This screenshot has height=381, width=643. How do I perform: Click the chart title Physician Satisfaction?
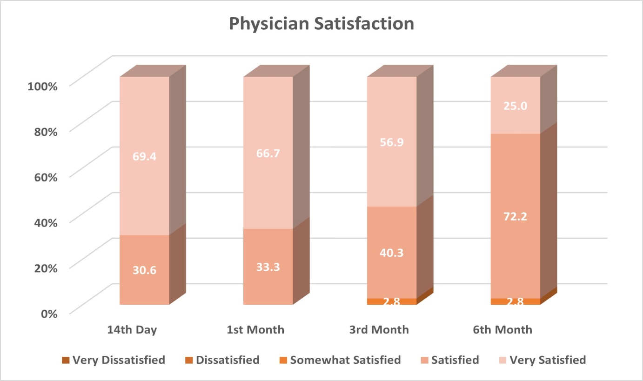(321, 24)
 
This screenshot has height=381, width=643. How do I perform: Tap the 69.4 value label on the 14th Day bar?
(144, 156)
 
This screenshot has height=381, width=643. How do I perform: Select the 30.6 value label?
(144, 270)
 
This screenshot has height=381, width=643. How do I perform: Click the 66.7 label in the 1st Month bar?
(268, 154)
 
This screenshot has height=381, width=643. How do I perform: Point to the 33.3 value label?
(268, 267)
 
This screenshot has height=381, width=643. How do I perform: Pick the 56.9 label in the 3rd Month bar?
(392, 142)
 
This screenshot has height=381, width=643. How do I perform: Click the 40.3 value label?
(392, 253)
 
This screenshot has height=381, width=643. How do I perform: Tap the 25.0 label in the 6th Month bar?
(516, 106)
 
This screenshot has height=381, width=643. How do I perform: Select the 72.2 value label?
(516, 216)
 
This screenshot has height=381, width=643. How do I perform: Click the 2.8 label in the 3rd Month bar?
(392, 301)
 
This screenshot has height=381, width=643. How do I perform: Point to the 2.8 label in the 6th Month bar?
(516, 301)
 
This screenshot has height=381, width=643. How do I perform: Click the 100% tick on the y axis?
(42, 86)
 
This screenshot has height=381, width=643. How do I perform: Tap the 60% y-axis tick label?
(46, 177)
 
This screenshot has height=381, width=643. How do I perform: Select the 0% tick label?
(49, 314)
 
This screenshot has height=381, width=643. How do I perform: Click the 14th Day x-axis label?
(132, 330)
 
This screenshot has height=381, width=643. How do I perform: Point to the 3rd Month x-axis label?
(379, 330)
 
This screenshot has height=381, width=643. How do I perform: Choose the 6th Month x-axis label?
(502, 330)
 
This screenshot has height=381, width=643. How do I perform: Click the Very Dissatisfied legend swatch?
(66, 360)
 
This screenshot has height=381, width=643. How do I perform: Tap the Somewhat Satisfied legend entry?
(340, 360)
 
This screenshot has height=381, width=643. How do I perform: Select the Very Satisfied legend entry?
(543, 360)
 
